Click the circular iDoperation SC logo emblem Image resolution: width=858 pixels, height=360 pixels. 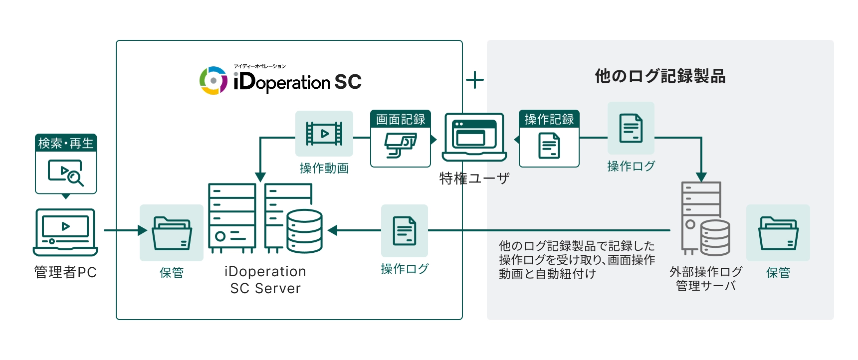(214, 80)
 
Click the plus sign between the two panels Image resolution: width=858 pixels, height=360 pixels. (475, 80)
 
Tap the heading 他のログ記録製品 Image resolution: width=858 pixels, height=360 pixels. (660, 76)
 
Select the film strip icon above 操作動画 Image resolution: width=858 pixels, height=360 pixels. (324, 134)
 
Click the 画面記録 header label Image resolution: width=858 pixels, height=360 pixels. (400, 119)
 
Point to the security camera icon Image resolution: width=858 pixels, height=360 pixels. (400, 146)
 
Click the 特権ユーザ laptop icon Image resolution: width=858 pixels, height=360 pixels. (474, 137)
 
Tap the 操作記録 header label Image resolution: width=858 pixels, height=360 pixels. (549, 119)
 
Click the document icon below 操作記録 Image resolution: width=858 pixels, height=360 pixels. (549, 146)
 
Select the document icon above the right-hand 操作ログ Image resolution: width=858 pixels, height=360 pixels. (631, 128)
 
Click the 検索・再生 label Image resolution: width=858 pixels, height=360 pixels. (66, 143)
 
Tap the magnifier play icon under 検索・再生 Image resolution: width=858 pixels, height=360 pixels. (66, 173)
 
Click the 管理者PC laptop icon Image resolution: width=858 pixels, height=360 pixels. (65, 232)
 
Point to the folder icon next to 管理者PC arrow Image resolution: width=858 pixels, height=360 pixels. (172, 233)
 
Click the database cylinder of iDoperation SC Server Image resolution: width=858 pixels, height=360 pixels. (304, 230)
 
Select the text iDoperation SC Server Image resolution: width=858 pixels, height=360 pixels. (265, 280)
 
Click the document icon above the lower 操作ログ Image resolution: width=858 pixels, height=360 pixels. (405, 230)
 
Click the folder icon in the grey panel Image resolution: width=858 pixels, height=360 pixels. (778, 233)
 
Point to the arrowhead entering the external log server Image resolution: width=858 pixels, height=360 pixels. (701, 177)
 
